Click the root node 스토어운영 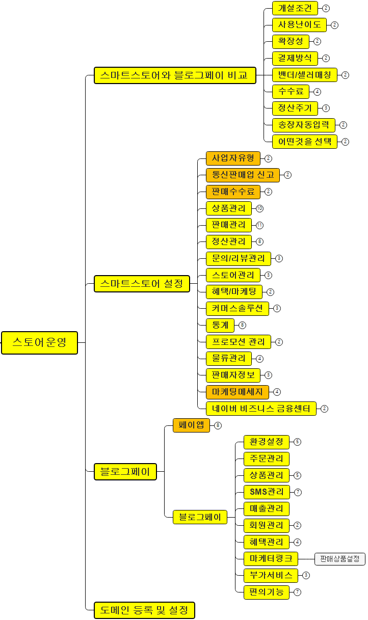[39, 342]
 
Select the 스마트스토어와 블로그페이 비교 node [174, 75]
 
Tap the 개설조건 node [295, 8]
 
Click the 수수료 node [291, 92]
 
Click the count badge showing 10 [260, 208]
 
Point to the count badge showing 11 [260, 225]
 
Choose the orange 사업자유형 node [233, 158]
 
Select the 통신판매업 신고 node [243, 175]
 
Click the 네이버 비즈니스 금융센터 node [261, 408]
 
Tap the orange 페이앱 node [191, 425]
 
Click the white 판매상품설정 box [340, 559]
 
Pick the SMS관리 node [267, 492]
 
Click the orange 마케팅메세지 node [237, 392]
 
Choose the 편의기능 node [267, 592]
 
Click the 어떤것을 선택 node [304, 142]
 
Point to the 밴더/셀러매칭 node [304, 75]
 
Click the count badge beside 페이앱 [218, 425]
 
